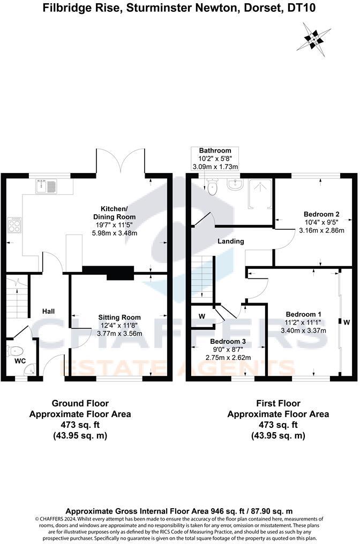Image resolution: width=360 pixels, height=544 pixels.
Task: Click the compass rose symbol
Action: [x=314, y=38]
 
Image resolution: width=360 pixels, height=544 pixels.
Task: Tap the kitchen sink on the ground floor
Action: [x=47, y=187]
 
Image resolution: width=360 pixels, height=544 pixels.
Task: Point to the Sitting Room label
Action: [x=117, y=317]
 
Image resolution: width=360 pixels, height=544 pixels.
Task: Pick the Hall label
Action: [x=49, y=311]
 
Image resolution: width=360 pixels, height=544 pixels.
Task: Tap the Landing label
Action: [x=231, y=241]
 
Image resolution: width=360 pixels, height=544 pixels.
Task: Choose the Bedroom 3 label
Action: [x=228, y=341]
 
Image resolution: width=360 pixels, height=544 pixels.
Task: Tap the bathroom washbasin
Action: [x=235, y=185]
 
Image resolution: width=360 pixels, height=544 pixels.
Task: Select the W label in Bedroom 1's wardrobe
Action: [x=347, y=322]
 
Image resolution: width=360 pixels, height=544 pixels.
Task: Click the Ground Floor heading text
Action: [x=80, y=403]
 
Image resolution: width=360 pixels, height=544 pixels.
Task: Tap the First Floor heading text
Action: [x=278, y=403]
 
